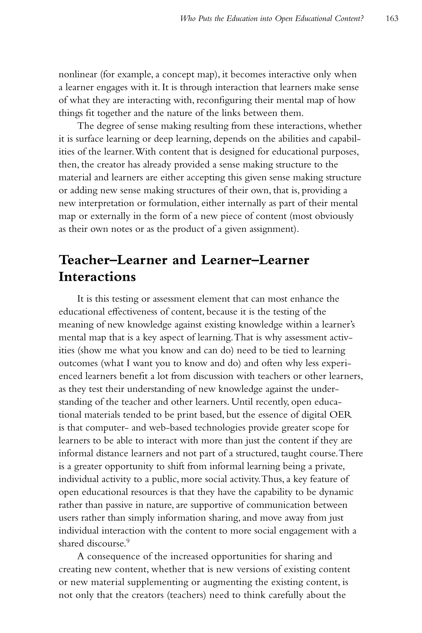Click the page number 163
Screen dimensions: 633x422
pyautogui.click(x=392, y=19)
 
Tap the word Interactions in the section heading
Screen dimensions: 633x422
pyautogui.click(x=97, y=277)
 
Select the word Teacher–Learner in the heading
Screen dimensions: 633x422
pyautogui.click(x=113, y=260)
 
